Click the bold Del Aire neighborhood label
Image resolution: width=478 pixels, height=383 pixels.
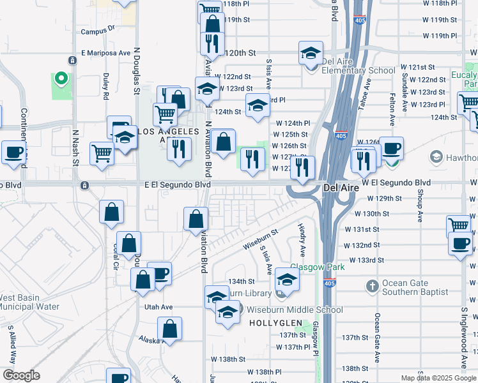tap(339, 188)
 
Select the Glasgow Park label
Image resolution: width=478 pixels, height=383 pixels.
tap(318, 266)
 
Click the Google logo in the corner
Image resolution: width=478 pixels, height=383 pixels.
tap(21, 375)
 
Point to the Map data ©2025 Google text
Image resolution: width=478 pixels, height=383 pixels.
tap(438, 378)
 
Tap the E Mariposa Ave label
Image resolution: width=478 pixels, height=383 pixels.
tap(104, 53)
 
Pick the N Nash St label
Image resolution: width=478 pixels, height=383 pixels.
tap(75, 147)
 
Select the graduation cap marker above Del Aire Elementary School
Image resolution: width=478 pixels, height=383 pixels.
tap(311, 52)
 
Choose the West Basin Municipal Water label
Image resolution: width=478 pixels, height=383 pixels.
tap(29, 302)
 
